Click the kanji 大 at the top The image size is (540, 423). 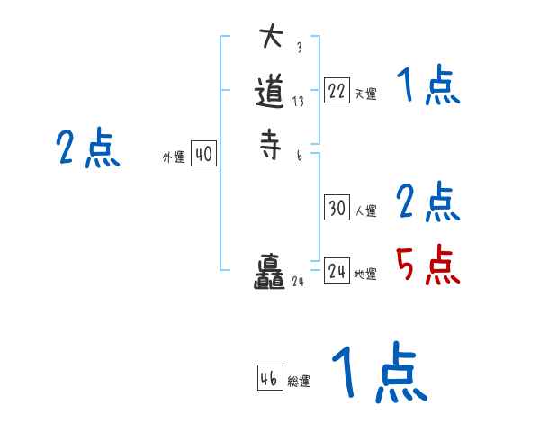tap(271, 38)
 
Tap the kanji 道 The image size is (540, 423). tap(272, 92)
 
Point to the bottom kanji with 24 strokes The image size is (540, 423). tap(270, 274)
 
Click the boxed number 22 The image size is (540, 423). tap(337, 91)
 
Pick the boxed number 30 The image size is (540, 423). tap(337, 208)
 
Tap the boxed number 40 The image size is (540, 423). tap(203, 155)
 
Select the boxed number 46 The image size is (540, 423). tap(269, 378)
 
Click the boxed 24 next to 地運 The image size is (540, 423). tap(337, 271)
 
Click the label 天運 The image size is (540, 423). tap(365, 94)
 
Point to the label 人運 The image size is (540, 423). tap(365, 211)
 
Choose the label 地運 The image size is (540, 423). tap(365, 274)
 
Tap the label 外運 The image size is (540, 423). tap(174, 157)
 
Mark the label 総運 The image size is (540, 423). tap(299, 381)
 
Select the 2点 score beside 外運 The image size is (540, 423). tap(88, 148)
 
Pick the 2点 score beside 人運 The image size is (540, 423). tap(427, 202)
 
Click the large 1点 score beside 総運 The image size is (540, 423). tap(378, 373)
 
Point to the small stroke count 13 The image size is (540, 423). tap(298, 102)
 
